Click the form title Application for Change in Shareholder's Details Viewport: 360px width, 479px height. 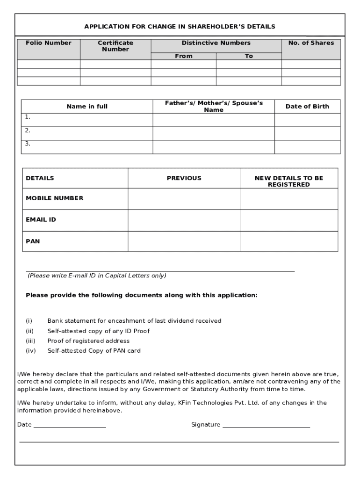[180, 27]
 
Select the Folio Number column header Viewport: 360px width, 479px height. [49, 43]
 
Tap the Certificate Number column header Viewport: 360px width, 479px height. [115, 46]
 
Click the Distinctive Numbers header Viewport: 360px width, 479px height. [216, 43]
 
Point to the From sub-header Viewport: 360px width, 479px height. [183, 56]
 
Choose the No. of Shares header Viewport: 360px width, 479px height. [311, 43]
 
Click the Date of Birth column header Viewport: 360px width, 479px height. [307, 107]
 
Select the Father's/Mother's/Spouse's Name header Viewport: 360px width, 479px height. [213, 106]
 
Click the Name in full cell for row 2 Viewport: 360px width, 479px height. [87, 133]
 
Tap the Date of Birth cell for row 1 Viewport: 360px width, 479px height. [307, 120]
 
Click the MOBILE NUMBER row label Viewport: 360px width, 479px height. [55, 198]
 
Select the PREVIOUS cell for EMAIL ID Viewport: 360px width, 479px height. [184, 220]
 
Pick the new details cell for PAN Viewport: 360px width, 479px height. [288, 241]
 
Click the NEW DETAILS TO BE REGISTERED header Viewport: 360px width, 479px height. [288, 181]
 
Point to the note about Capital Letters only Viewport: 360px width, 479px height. [97, 276]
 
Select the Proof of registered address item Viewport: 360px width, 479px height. [88, 341]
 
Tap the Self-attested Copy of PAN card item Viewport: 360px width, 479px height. [94, 351]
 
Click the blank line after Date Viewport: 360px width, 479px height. [70, 426]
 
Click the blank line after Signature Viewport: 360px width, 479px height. [266, 426]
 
